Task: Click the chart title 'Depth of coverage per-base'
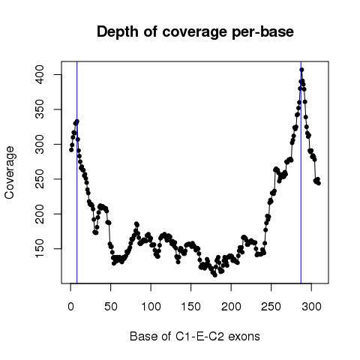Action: click(195, 32)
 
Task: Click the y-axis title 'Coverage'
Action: click(10, 172)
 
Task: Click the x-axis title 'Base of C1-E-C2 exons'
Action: click(195, 337)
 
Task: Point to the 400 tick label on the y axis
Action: click(40, 74)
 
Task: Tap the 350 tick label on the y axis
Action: click(40, 109)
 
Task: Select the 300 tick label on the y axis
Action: click(40, 144)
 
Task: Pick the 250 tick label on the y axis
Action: click(40, 179)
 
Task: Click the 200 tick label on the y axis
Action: click(40, 214)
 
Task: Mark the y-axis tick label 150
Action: click(40, 248)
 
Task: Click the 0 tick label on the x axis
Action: click(70, 307)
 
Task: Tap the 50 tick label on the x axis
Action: click(111, 307)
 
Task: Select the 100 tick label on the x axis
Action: click(151, 307)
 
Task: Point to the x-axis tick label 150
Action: click(191, 307)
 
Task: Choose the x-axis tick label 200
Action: click(231, 307)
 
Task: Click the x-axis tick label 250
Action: click(271, 307)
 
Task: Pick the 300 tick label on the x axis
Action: click(311, 307)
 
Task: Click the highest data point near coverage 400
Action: click(301, 70)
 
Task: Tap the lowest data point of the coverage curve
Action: click(215, 275)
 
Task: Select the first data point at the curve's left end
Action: click(71, 150)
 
